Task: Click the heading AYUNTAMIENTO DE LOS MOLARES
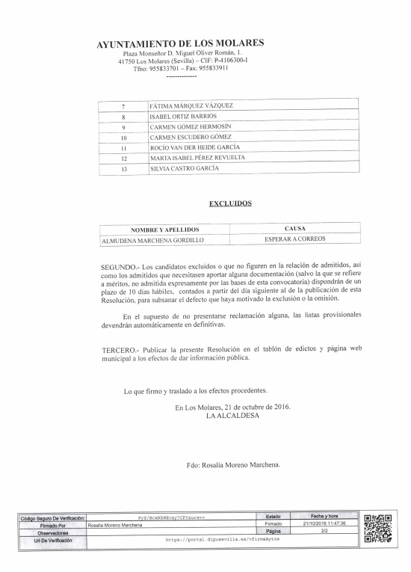tap(180, 43)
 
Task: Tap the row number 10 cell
tap(123, 138)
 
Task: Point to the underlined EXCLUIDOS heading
tap(230, 203)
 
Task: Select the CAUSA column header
tap(294, 227)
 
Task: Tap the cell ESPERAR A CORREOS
tap(294, 239)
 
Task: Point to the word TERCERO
tap(120, 350)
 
